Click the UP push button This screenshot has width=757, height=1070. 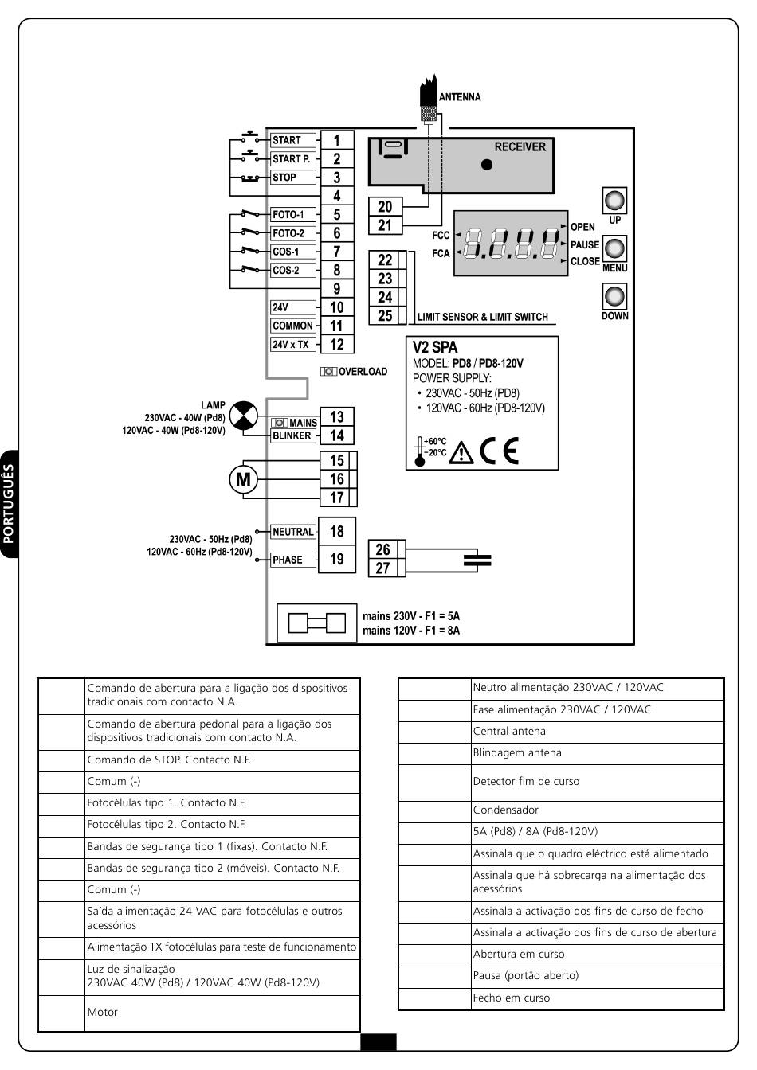click(x=614, y=200)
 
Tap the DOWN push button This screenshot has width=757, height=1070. click(x=614, y=296)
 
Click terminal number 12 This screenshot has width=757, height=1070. click(x=337, y=345)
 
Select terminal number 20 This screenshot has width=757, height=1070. click(x=385, y=206)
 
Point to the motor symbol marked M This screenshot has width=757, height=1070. click(x=243, y=479)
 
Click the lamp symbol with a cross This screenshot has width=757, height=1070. click(x=243, y=415)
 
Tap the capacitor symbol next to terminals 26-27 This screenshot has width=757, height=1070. click(x=477, y=560)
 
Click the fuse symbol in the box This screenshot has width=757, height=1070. click(x=316, y=623)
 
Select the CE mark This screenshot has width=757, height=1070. click(x=500, y=451)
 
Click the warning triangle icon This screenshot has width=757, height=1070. click(x=461, y=453)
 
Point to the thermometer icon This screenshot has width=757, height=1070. click(x=420, y=451)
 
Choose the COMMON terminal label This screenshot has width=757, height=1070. click(x=293, y=326)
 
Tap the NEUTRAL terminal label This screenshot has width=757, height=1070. click(x=293, y=532)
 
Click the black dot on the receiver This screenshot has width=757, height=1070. click(x=487, y=165)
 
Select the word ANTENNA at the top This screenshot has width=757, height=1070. click(x=460, y=97)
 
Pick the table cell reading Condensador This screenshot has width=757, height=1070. click(x=597, y=810)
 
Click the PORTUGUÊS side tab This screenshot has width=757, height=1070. click(x=9, y=503)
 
